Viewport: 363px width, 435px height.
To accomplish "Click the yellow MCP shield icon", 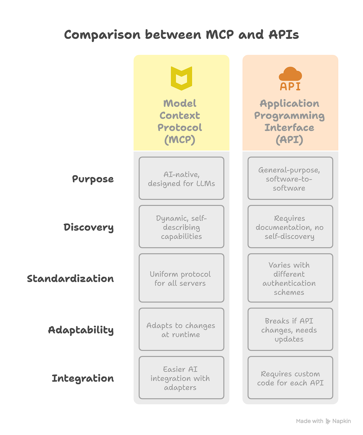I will pos(181,78).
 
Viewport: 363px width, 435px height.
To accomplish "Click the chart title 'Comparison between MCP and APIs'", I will pos(181,35).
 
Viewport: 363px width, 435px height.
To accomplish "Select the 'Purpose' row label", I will pos(93,179).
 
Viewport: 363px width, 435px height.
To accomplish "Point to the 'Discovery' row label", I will pos(89,227).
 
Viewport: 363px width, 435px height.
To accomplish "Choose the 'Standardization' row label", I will pos(70,278).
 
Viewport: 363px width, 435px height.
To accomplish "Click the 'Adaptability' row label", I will pos(81,330).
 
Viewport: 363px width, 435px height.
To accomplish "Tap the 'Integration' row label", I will pos(83,378).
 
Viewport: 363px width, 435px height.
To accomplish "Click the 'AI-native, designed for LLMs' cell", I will pos(181,179).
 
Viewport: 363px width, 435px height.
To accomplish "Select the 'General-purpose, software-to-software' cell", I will pos(290,179).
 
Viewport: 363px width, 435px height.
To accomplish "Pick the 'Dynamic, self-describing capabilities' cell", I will pos(181,227).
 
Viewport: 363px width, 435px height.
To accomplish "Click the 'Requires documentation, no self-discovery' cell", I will pos(290,227).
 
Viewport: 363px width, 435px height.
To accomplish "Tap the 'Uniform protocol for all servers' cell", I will pos(181,278).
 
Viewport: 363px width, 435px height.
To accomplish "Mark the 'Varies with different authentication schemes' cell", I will pos(290,278).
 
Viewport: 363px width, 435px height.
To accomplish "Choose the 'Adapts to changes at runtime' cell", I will pos(181,330).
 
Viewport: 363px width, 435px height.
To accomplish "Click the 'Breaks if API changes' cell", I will pos(290,330).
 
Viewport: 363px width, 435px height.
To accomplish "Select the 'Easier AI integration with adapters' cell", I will pos(181,378).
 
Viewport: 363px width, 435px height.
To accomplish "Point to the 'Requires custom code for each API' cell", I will pos(290,378).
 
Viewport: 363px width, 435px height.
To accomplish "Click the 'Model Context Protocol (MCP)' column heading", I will pos(180,121).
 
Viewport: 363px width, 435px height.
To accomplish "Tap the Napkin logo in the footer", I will pos(328,421).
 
